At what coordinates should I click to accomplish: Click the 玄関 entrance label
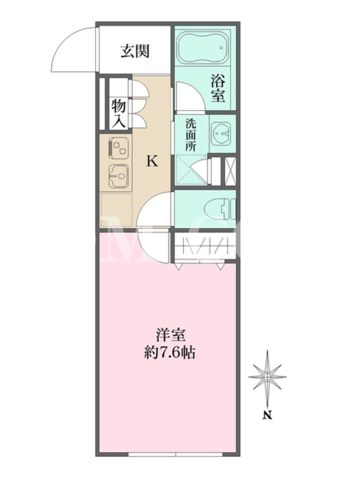pos(135,51)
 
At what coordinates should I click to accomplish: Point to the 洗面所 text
pos(190,134)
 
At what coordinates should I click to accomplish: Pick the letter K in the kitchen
pos(152,161)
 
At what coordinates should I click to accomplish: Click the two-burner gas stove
pos(118,148)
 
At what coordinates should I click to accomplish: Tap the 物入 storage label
pos(118,113)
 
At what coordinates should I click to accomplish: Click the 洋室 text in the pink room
pos(170,335)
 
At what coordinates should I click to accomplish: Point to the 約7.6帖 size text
pos(170,353)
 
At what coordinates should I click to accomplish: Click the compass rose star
pos(267,376)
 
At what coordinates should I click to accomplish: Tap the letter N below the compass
pos(268,416)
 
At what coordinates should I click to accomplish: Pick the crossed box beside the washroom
pos(230,171)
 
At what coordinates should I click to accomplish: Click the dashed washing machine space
pos(191,170)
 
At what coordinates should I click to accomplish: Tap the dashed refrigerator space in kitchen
pos(116,209)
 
